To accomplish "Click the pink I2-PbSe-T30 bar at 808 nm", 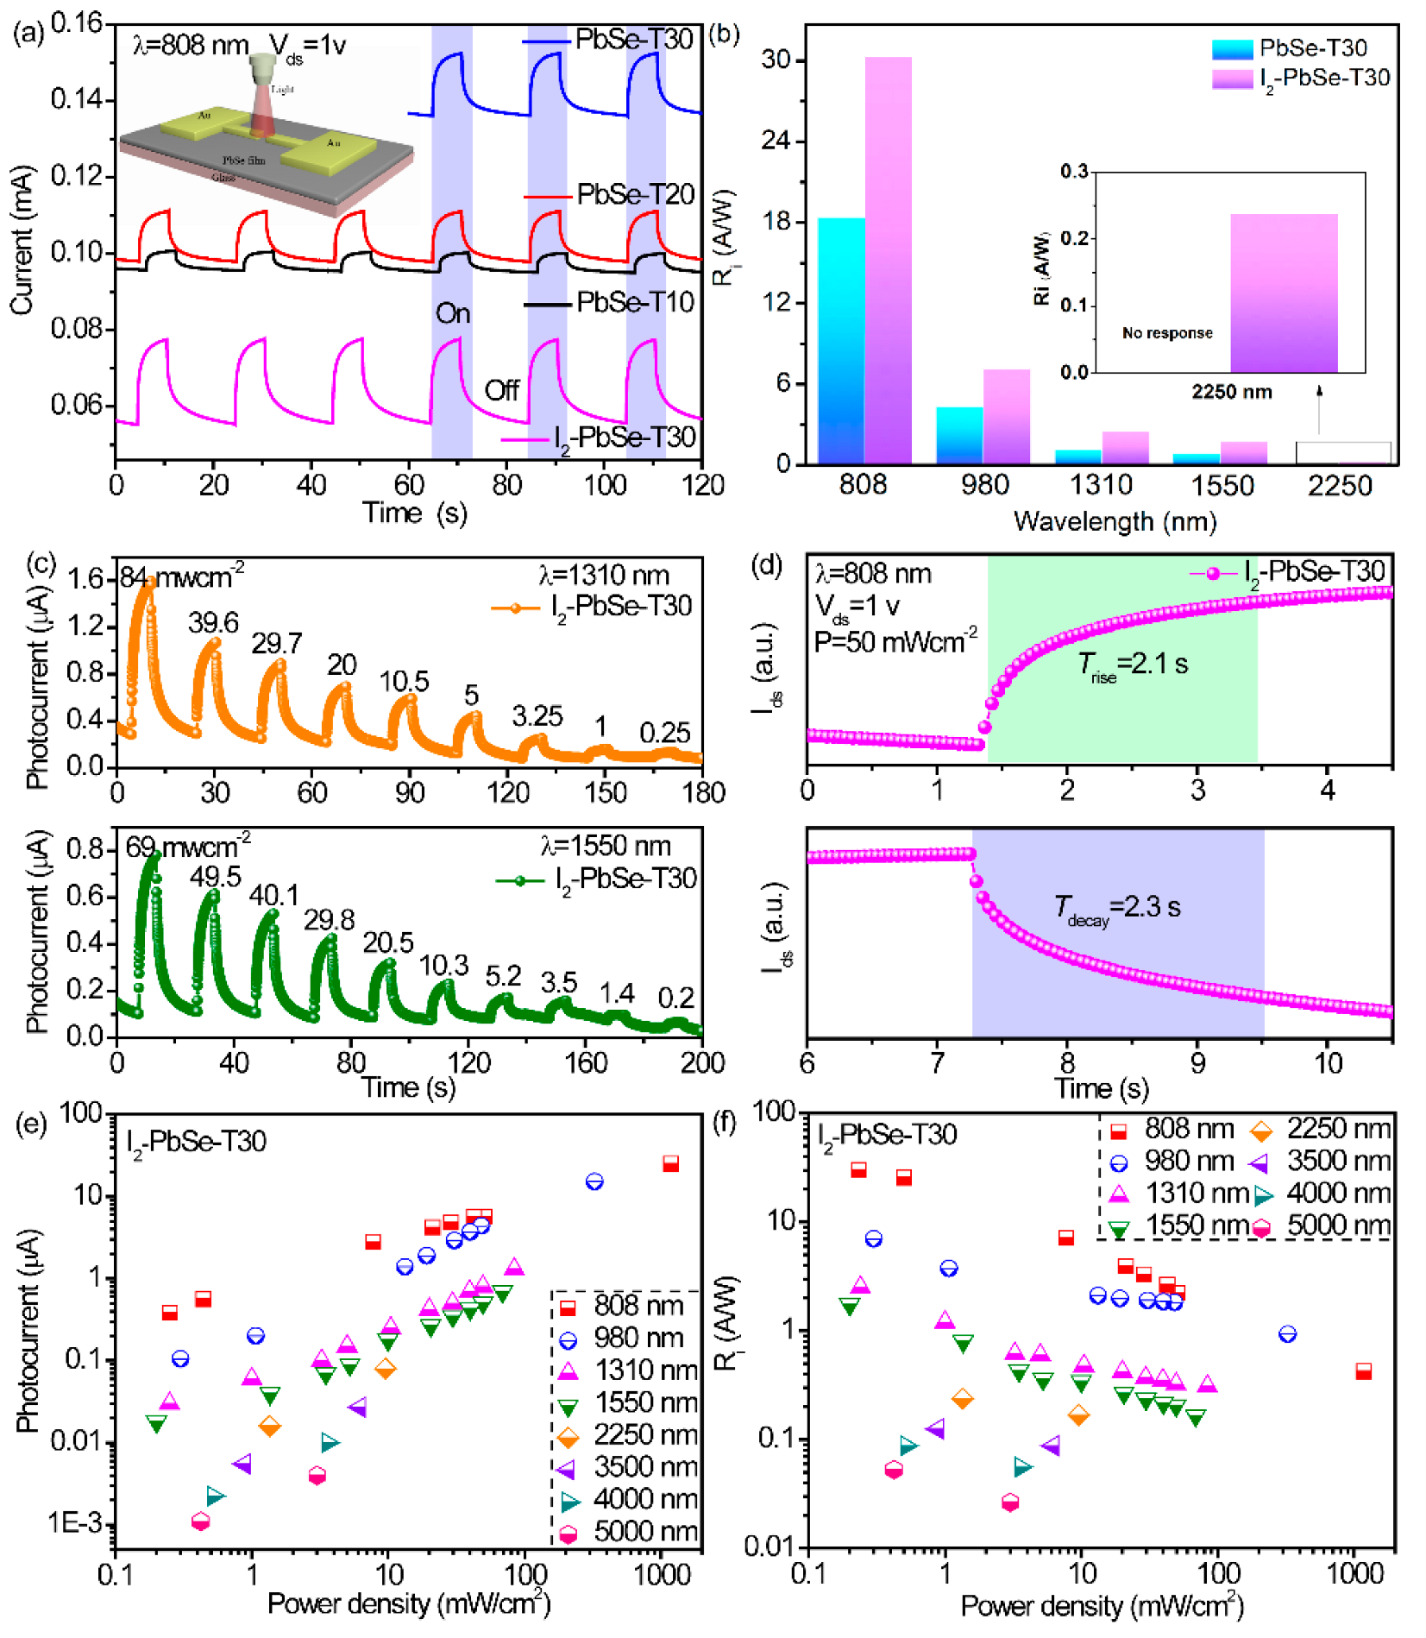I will [x=888, y=259].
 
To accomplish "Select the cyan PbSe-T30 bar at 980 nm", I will [x=958, y=435].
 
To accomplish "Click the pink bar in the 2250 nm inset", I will [x=1283, y=293].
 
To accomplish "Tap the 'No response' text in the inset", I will [x=1166, y=333].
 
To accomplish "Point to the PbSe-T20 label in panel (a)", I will [x=635, y=195].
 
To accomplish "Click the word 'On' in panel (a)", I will [x=453, y=313].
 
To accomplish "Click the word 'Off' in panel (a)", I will [x=501, y=391].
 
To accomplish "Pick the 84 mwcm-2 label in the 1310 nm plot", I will [x=181, y=576].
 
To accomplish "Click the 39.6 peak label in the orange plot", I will [x=213, y=622].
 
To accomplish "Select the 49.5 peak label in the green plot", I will [x=215, y=877].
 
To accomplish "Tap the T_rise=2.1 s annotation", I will [x=1132, y=665].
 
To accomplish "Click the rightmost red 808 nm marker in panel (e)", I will [x=670, y=1163].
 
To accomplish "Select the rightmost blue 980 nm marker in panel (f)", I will [x=1286, y=1334].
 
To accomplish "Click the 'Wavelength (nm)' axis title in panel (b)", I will [x=1115, y=521].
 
